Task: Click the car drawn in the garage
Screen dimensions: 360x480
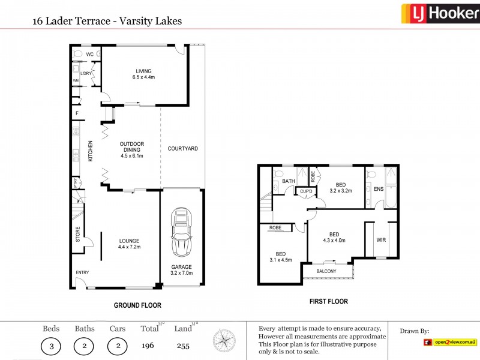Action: [181, 232]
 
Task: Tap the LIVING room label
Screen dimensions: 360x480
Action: [143, 74]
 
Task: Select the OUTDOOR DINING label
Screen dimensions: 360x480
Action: [131, 148]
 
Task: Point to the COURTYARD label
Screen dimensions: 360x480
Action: [182, 148]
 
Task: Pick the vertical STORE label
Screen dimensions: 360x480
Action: [77, 234]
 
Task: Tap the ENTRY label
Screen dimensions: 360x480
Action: [82, 273]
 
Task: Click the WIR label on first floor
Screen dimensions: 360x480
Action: [381, 240]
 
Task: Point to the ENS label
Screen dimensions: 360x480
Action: [379, 188]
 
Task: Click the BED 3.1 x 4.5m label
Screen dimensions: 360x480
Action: [281, 257]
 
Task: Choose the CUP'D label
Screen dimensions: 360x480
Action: [306, 191]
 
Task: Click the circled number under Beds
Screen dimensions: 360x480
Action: [51, 346]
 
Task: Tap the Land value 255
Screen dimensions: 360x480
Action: [183, 346]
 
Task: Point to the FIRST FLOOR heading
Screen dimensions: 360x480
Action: [328, 302]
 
